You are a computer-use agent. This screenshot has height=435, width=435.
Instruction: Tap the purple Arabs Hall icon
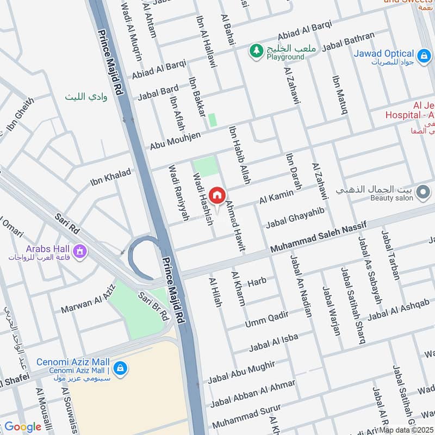[x=80, y=252]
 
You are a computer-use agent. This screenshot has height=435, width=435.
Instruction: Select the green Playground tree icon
[x=255, y=51]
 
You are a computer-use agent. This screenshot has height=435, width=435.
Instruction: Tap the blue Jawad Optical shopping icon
[x=422, y=55]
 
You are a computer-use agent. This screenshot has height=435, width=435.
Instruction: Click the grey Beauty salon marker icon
[x=423, y=192]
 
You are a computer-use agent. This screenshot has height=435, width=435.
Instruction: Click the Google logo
[x=22, y=427]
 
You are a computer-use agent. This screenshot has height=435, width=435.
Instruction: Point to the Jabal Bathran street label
[x=348, y=43]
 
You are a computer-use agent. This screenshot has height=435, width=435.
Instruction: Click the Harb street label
[x=257, y=282]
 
